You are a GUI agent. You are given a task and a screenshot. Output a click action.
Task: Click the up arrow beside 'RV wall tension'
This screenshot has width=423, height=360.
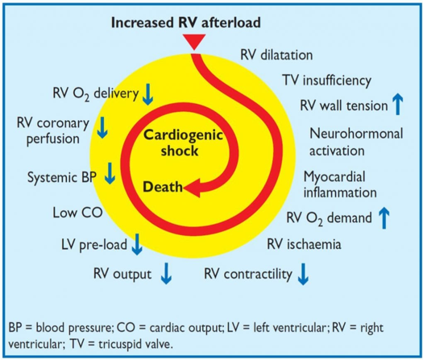[396, 103]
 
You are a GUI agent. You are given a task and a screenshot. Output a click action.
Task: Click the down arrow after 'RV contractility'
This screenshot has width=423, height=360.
[303, 274]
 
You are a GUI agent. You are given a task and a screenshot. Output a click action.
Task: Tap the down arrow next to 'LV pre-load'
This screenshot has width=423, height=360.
[137, 242]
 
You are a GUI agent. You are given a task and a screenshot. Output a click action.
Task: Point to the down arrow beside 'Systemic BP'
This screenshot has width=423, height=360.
[110, 176]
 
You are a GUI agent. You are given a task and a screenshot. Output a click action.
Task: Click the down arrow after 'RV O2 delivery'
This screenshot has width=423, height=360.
[147, 94]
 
